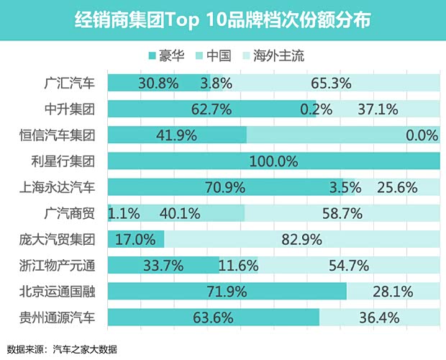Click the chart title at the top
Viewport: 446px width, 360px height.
coord(223,19)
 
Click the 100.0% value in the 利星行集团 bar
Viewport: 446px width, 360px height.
coord(273,161)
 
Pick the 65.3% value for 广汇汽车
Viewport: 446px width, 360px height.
coord(331,83)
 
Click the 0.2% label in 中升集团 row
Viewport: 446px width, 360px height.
coord(317,109)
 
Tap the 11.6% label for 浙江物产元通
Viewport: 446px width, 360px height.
coord(238,265)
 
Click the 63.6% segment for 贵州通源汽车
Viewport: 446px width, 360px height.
coord(214,317)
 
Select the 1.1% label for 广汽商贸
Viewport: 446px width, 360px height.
coord(123,213)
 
